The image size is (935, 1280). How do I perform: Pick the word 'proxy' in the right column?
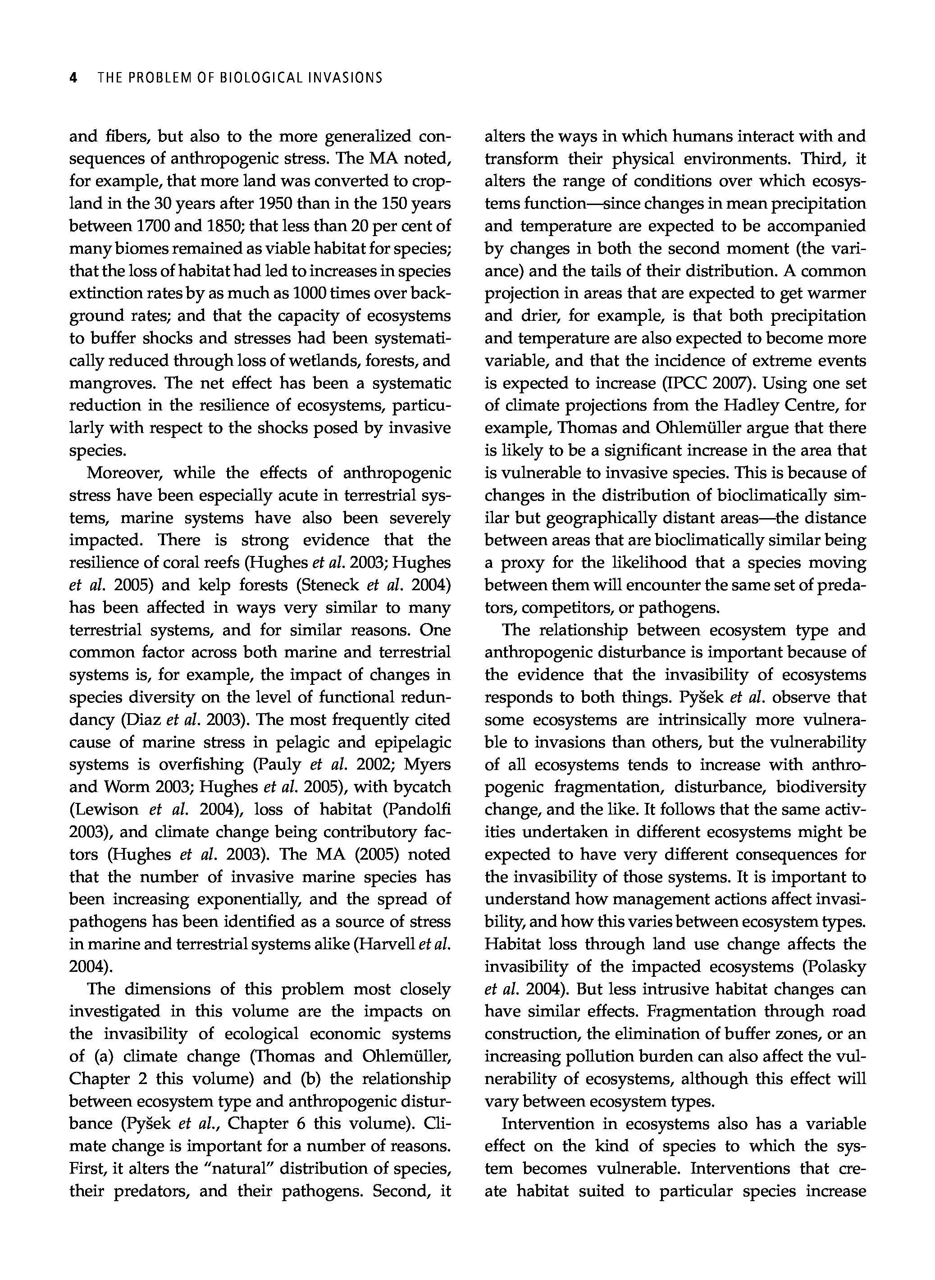(524, 563)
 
